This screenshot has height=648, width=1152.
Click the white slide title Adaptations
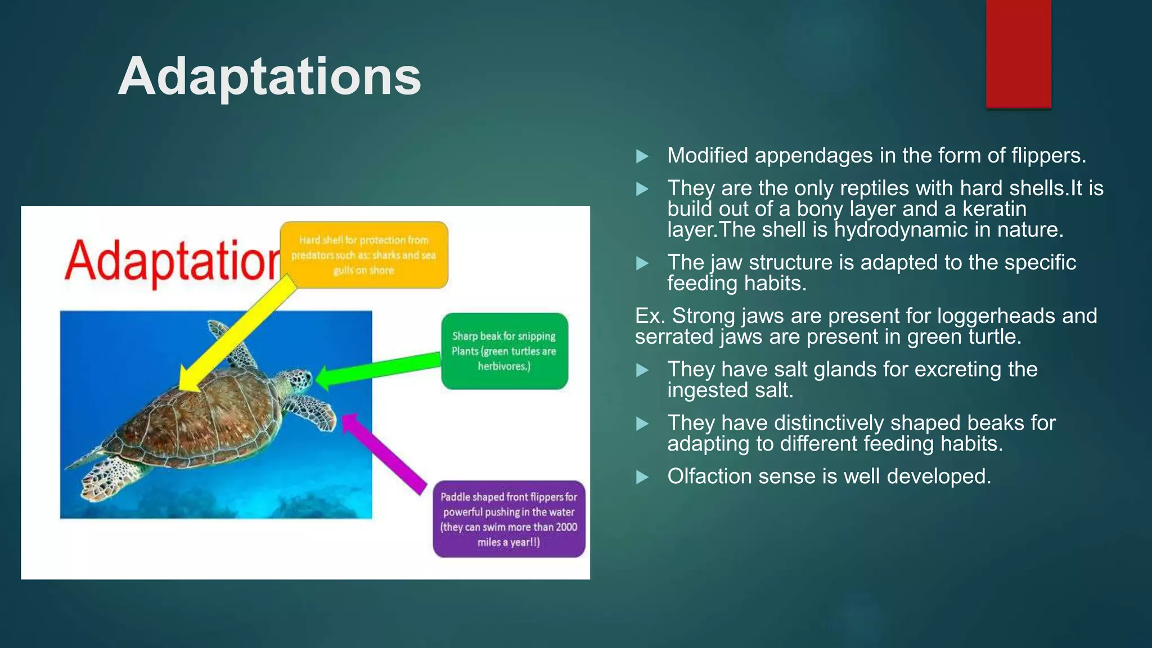pyautogui.click(x=269, y=76)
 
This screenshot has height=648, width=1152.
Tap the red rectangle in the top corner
pyautogui.click(x=1018, y=53)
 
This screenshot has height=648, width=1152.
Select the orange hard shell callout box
pyautogui.click(x=364, y=255)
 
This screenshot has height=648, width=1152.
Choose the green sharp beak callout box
pyautogui.click(x=504, y=351)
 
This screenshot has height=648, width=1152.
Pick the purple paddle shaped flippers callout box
pyautogui.click(x=508, y=519)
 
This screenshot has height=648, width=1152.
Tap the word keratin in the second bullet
pyautogui.click(x=994, y=209)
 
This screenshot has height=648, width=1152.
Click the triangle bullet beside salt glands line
pyautogui.click(x=642, y=370)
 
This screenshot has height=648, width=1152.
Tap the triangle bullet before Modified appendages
pyautogui.click(x=642, y=156)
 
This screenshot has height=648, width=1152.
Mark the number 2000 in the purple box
pyautogui.click(x=566, y=527)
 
